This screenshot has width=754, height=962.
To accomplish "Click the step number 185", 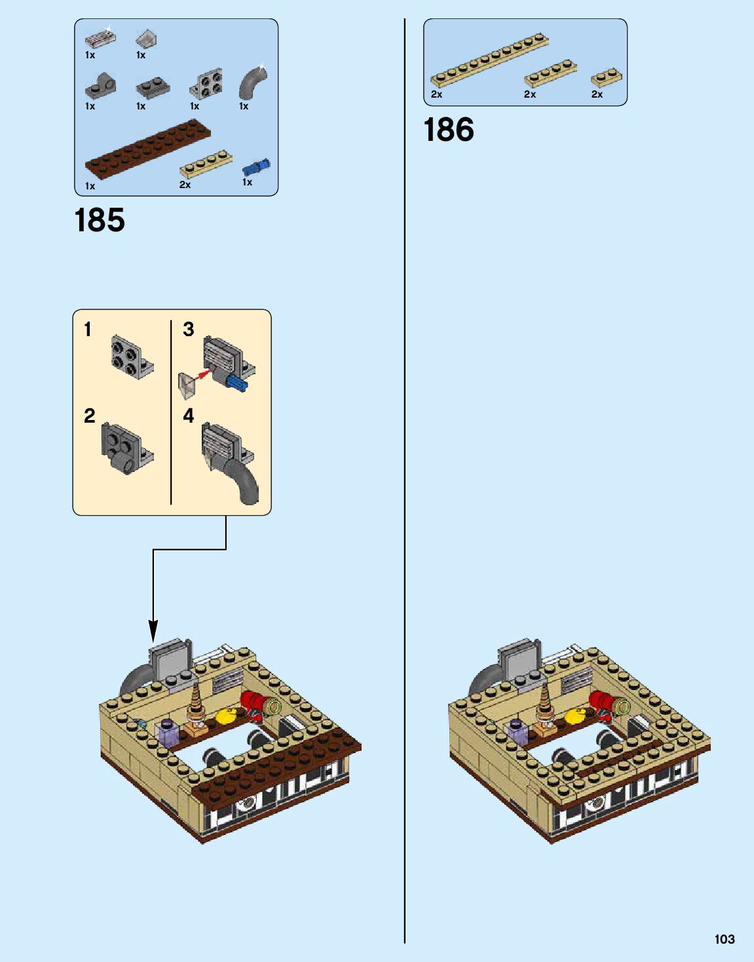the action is [100, 220].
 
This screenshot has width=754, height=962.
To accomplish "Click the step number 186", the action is [449, 130].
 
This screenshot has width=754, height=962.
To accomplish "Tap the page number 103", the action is [724, 939].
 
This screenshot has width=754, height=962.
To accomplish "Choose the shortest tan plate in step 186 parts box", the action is [606, 77].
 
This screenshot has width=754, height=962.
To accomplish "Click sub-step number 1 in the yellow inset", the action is [88, 329].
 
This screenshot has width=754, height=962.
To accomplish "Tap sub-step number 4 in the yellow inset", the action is [189, 415].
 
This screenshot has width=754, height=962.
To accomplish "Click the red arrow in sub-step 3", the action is [204, 375].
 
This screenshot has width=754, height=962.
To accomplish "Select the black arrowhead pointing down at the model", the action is [153, 632].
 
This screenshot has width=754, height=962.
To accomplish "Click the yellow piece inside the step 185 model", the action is [227, 716].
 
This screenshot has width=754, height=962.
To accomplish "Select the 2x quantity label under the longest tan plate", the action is [436, 94].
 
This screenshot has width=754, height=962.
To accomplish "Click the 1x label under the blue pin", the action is [247, 182].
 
